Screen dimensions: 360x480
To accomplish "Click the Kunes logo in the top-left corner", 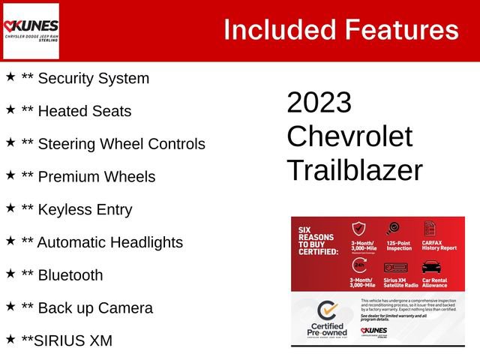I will (x=31, y=31).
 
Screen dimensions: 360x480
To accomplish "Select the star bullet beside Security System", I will (x=10, y=77).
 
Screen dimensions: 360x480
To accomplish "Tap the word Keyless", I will (x=66, y=210).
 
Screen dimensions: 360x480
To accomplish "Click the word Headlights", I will (x=145, y=242).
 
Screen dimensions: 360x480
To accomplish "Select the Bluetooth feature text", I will (x=70, y=275).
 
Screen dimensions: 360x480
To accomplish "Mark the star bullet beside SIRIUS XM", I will (x=10, y=340).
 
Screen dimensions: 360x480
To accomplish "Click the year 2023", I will (x=319, y=103).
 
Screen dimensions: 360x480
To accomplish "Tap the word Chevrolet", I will (x=349, y=136).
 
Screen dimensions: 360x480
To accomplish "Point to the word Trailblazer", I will (x=354, y=170).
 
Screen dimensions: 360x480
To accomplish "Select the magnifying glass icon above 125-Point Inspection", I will (x=392, y=229).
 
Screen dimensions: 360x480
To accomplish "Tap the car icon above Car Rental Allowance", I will (x=431, y=266).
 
